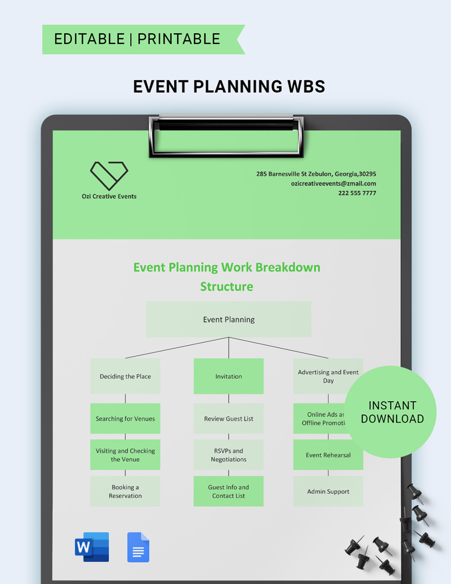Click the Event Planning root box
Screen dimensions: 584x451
pyautogui.click(x=229, y=319)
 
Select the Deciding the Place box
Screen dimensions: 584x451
pyautogui.click(x=125, y=376)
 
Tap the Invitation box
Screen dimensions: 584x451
pyautogui.click(x=229, y=376)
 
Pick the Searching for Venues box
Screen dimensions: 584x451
pyautogui.click(x=125, y=419)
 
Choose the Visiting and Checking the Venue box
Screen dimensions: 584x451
pyautogui.click(x=125, y=455)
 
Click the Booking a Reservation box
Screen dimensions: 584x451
pyautogui.click(x=125, y=491)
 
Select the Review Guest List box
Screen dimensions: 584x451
pyautogui.click(x=229, y=419)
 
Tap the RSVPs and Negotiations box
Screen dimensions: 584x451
pyautogui.click(x=229, y=455)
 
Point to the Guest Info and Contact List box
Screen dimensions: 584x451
pyautogui.click(x=229, y=491)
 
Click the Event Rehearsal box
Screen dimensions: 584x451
pyautogui.click(x=328, y=455)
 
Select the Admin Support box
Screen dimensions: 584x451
pyautogui.click(x=328, y=491)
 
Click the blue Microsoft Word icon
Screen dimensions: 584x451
pyautogui.click(x=92, y=547)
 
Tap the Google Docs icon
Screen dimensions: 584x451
pyautogui.click(x=138, y=547)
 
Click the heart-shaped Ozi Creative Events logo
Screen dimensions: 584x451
pyautogui.click(x=109, y=176)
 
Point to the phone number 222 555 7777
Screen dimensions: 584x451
pyautogui.click(x=357, y=193)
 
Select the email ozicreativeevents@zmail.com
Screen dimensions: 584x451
pyautogui.click(x=333, y=183)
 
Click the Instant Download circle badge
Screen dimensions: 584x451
pyautogui.click(x=392, y=412)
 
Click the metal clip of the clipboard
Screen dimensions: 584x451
pyautogui.click(x=226, y=136)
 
